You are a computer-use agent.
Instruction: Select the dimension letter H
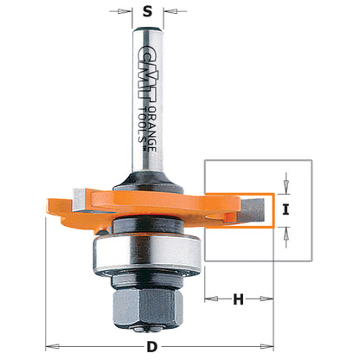(x=237, y=299)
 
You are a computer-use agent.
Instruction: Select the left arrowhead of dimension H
(x=210, y=299)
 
